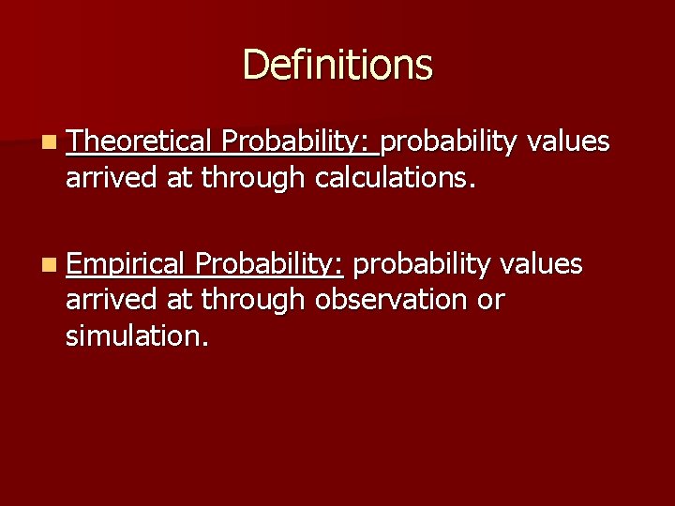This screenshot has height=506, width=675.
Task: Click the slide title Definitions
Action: (x=337, y=66)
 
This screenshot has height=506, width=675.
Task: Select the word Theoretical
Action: (x=140, y=141)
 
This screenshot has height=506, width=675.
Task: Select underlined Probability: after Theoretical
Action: (x=298, y=142)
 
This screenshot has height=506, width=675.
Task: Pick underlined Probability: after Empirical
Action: (x=270, y=266)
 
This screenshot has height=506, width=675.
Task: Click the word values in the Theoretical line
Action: (x=568, y=141)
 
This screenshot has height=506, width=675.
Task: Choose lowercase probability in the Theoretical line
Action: (x=449, y=142)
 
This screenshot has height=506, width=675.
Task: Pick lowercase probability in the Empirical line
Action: (x=421, y=266)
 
